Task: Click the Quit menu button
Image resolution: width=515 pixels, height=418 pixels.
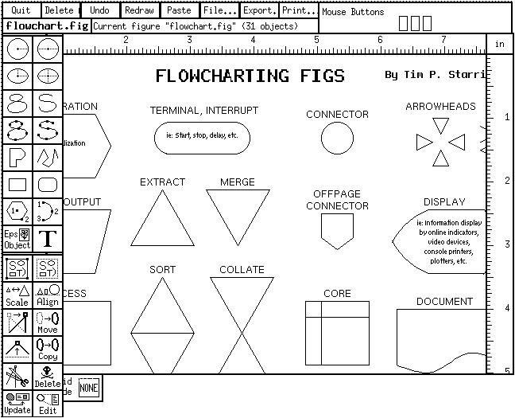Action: (20, 11)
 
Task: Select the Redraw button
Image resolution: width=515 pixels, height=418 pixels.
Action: (140, 11)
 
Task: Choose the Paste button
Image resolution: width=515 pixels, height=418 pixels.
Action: (179, 11)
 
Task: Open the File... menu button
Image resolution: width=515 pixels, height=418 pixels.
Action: (219, 11)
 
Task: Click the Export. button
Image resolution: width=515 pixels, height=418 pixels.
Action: (260, 11)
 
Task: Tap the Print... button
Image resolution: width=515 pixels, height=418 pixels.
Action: (299, 11)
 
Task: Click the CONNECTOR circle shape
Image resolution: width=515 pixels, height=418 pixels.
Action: (337, 139)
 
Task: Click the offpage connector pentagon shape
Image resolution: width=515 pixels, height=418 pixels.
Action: (337, 230)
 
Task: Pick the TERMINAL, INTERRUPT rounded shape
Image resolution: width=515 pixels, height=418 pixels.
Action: (203, 136)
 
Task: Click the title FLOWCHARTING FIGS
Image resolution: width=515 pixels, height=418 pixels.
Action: (250, 76)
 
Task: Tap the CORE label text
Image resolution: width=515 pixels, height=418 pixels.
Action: (337, 294)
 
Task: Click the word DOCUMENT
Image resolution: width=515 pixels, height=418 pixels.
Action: (444, 302)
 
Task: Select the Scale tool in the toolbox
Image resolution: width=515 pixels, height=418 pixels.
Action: (17, 295)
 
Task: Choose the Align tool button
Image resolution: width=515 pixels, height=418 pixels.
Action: (48, 295)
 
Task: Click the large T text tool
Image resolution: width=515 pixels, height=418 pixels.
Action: (48, 238)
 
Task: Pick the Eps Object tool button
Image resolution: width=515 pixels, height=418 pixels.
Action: (17, 238)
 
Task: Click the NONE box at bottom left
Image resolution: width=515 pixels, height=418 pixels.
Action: (88, 388)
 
